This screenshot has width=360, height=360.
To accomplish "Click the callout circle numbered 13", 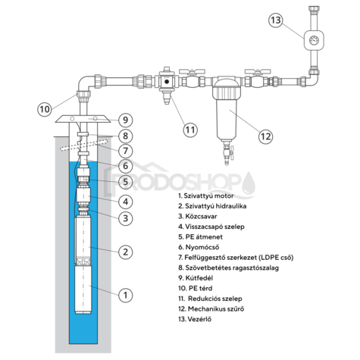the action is pyautogui.click(x=276, y=20).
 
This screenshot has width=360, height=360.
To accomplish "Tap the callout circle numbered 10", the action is pyautogui.click(x=45, y=109).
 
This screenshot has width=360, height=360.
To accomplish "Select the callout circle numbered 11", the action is pyautogui.click(x=190, y=130).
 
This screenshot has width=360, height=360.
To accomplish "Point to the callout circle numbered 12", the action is pyautogui.click(x=265, y=136).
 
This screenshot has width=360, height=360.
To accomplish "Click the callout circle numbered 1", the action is pyautogui.click(x=126, y=295).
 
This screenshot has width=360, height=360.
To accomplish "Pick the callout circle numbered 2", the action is pyautogui.click(x=126, y=252).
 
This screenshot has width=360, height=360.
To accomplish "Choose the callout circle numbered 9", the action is pyautogui.click(x=126, y=120).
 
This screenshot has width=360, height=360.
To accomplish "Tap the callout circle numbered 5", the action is pyautogui.click(x=126, y=181).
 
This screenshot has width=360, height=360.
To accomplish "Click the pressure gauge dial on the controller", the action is pyautogui.click(x=314, y=40).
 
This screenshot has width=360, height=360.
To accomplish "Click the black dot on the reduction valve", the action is pyautogui.click(x=167, y=82).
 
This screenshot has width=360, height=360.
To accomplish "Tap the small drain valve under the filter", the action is pyautogui.click(x=227, y=153).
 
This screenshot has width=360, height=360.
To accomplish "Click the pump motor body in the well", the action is pyautogui.click(x=83, y=290).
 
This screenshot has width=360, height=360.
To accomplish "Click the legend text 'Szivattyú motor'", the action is pyautogui.click(x=208, y=196).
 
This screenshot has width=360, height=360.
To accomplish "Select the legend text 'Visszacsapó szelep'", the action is pyautogui.click(x=214, y=227).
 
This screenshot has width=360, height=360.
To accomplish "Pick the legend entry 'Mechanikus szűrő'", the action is pyautogui.click(x=211, y=308).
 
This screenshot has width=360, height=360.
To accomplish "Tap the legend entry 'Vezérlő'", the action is pyautogui.click(x=195, y=319).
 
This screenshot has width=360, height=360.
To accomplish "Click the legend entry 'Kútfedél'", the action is pyautogui.click(x=196, y=278).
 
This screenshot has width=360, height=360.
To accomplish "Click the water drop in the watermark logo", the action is pyautogui.click(x=249, y=183).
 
